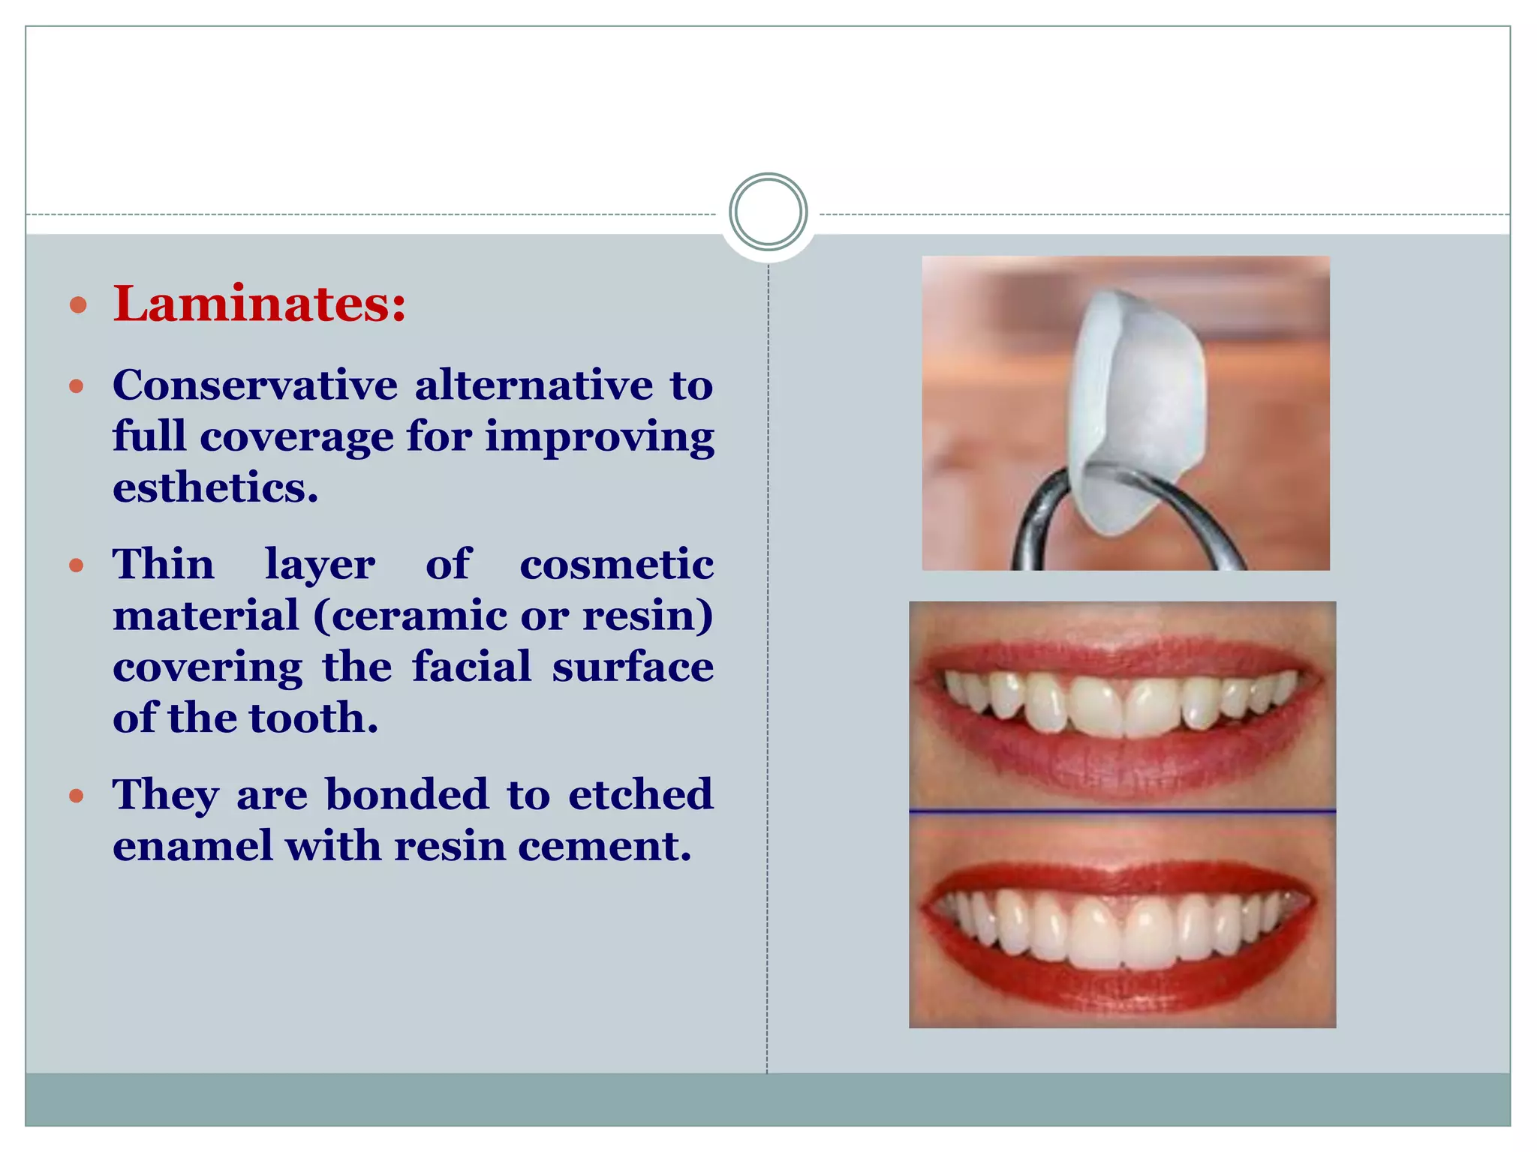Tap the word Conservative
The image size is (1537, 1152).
click(255, 385)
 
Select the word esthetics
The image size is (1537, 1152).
click(215, 488)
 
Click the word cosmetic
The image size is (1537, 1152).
click(616, 564)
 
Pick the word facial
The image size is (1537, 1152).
click(471, 667)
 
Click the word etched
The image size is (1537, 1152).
click(640, 794)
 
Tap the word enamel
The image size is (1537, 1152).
click(193, 846)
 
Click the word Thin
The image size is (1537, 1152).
click(164, 564)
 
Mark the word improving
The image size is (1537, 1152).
click(600, 438)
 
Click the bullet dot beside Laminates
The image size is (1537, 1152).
click(77, 305)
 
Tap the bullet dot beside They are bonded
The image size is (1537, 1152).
click(77, 796)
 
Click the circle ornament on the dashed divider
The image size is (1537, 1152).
click(768, 211)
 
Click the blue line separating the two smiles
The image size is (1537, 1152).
click(1122, 811)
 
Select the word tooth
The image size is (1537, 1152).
click(313, 718)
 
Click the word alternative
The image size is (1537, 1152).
click(534, 385)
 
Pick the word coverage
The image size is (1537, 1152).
click(296, 436)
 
